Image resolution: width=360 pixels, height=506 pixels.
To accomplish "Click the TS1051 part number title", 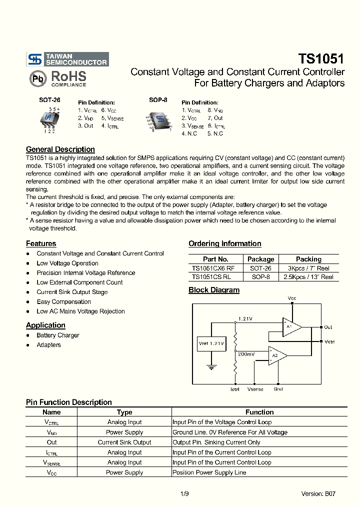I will pyautogui.click(x=321, y=58).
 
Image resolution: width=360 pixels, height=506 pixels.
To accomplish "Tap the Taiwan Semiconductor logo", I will pyautogui.click(x=67, y=59).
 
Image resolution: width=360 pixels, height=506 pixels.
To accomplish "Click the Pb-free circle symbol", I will pyautogui.click(x=37, y=79).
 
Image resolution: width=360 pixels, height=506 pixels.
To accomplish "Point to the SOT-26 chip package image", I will pyautogui.click(x=49, y=119).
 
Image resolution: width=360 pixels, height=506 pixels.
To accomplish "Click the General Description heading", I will pyautogui.click(x=60, y=149).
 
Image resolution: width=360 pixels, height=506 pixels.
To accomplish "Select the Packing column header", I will pyautogui.click(x=308, y=259).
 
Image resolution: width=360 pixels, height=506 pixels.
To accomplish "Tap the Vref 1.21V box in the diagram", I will pyautogui.click(x=211, y=344).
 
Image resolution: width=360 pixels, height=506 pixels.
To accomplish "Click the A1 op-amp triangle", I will pyautogui.click(x=291, y=327).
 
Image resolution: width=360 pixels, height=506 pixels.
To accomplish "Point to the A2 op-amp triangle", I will pyautogui.click(x=277, y=355).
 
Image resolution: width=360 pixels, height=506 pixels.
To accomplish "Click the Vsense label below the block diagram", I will pyautogui.click(x=255, y=389).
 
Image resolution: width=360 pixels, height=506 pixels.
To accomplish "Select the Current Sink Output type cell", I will pyautogui.click(x=124, y=442).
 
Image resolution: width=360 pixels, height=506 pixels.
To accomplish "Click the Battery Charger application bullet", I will pyautogui.click(x=57, y=335).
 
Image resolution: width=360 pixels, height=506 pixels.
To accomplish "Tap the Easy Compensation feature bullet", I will pyautogui.click(x=63, y=302).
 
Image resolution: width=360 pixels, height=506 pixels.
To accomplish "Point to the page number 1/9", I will pyautogui.click(x=184, y=493).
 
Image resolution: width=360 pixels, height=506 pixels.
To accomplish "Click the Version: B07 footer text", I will pyautogui.click(x=318, y=493).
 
